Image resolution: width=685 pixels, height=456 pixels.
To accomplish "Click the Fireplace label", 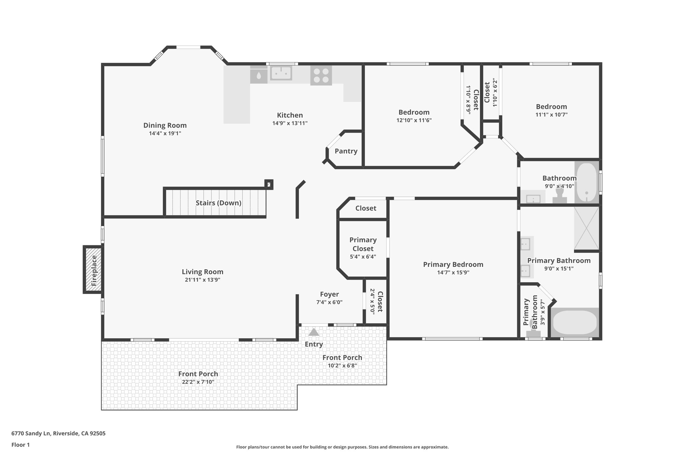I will pyautogui.click(x=94, y=270).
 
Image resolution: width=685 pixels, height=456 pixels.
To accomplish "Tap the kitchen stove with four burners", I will pyautogui.click(x=321, y=75).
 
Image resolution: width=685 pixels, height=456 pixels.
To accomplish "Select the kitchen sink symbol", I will pyautogui.click(x=281, y=73).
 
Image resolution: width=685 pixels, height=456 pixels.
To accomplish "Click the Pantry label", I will pyautogui.click(x=346, y=151).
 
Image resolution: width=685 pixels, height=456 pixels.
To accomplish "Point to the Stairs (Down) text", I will pyautogui.click(x=218, y=203).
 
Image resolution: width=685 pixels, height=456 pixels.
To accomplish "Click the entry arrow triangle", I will pyautogui.click(x=313, y=332).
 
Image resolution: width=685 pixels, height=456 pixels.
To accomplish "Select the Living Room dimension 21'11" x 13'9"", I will pyautogui.click(x=202, y=280).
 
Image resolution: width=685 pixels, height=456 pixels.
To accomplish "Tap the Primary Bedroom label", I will pyautogui.click(x=453, y=265).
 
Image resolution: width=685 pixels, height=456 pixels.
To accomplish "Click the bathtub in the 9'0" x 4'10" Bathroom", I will pyautogui.click(x=587, y=182).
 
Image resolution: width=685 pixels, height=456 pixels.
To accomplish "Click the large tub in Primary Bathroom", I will pyautogui.click(x=574, y=323).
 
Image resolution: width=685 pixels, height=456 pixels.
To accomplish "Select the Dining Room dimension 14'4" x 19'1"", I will pyautogui.click(x=165, y=133).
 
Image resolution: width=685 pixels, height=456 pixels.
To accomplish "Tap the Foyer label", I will pyautogui.click(x=329, y=294).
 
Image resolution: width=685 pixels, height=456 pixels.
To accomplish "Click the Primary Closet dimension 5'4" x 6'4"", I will pyautogui.click(x=363, y=257).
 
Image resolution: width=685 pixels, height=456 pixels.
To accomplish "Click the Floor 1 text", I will pyautogui.click(x=20, y=445).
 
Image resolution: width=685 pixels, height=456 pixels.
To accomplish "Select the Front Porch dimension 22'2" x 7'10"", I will pyautogui.click(x=198, y=382).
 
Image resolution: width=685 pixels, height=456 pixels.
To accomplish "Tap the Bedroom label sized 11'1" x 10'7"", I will pyautogui.click(x=551, y=107).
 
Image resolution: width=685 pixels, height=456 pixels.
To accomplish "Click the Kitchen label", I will pyautogui.click(x=290, y=115).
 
